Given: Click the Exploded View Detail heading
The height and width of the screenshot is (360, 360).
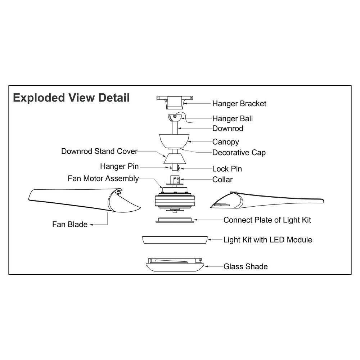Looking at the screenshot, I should click(x=71, y=98).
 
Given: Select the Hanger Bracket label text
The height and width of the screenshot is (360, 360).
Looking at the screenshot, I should click(x=239, y=104).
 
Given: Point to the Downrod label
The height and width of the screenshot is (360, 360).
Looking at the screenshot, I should click(x=228, y=129).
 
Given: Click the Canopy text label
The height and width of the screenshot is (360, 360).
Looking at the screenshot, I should click(x=225, y=142).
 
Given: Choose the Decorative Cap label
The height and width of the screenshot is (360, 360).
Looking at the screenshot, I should click(x=239, y=153).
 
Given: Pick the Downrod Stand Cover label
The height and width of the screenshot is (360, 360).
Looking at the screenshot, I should click(x=99, y=151).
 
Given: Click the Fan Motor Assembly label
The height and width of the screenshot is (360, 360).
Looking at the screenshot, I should click(x=103, y=179).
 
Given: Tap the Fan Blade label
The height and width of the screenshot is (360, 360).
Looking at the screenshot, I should click(x=70, y=225).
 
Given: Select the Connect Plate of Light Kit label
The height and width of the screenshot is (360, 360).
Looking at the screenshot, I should click(x=267, y=220).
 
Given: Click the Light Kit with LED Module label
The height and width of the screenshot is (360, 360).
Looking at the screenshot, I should click(x=267, y=239).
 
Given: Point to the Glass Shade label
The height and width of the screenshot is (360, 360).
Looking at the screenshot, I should click(x=246, y=267).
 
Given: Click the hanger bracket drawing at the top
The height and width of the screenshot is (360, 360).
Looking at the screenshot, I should click(x=175, y=102).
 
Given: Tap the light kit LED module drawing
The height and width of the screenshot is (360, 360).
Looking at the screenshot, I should click(x=175, y=240).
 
